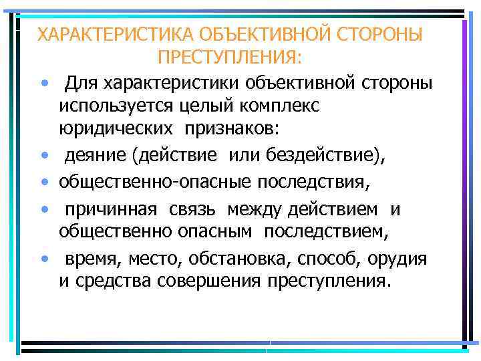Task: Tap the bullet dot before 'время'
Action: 44,257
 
